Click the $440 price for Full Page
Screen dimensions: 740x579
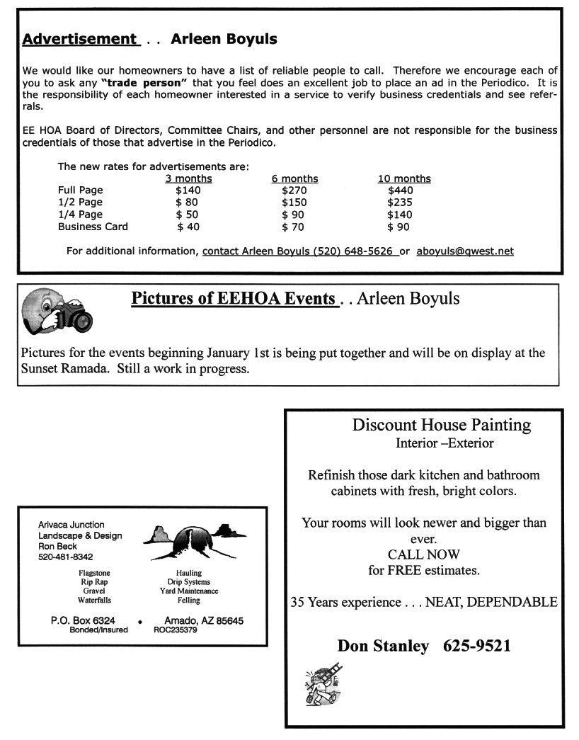[x=401, y=190]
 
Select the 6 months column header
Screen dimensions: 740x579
[x=294, y=178]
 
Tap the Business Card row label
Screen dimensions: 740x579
[x=93, y=227]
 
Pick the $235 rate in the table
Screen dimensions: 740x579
[x=401, y=202]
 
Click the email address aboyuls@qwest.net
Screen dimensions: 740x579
[x=465, y=251]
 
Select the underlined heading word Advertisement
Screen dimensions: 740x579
[x=79, y=39]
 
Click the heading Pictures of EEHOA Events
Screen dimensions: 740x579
[x=233, y=299]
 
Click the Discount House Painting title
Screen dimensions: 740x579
[x=442, y=425]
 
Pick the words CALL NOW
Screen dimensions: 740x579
[x=423, y=554]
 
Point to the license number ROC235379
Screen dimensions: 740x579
[x=176, y=630]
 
